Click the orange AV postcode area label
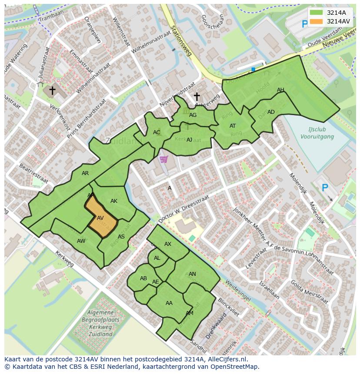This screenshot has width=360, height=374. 100,218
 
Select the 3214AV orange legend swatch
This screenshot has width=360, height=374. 317,21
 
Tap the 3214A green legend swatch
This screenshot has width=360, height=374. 317,13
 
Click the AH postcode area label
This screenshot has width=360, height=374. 280,90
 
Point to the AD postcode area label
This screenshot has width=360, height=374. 271,112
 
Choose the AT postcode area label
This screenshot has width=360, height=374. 233,126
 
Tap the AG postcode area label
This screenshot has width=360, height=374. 193,115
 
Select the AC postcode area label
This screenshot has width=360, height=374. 157,132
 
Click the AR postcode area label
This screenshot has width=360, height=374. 85,173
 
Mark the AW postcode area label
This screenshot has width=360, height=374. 81,241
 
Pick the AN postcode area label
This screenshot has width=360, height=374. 192,274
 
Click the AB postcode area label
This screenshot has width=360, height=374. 143,278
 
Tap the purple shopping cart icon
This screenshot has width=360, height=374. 163,159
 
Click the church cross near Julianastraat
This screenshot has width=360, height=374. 52,90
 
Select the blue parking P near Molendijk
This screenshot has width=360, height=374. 324,188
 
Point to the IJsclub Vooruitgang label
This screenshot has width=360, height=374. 317,133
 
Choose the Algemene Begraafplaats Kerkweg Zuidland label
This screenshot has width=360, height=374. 100,323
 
